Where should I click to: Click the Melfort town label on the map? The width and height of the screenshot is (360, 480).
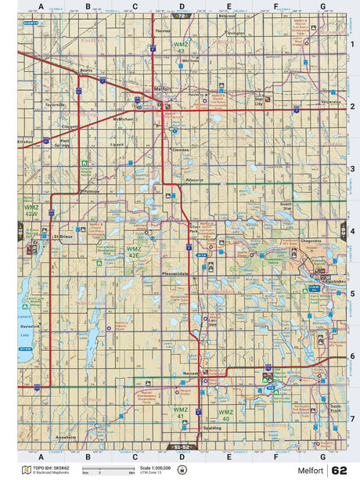coord(162,88)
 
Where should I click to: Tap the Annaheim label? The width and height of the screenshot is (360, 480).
coord(65,437)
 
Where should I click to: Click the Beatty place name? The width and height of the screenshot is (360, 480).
coord(87,70)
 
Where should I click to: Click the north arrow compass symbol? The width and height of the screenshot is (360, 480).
coord(182,471)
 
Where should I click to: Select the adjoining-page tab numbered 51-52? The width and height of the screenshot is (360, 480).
coord(180,447)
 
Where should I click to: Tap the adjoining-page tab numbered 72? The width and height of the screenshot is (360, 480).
coord(182,15)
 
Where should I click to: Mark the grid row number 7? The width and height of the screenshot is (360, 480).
coord(353,418)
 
